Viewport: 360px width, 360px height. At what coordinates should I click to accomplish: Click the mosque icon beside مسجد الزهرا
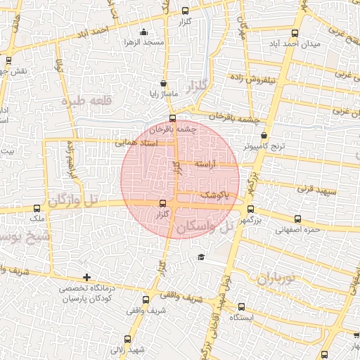(x=144, y=32)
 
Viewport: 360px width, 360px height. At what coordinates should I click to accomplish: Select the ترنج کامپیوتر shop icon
(x=264, y=136)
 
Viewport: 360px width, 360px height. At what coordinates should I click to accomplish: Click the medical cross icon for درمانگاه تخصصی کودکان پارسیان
(x=86, y=277)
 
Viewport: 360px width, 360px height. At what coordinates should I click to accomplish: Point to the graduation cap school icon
(x=201, y=257)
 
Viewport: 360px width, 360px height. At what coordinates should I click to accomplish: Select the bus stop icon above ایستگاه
(x=242, y=307)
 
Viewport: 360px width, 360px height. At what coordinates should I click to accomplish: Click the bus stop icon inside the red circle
(x=163, y=204)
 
